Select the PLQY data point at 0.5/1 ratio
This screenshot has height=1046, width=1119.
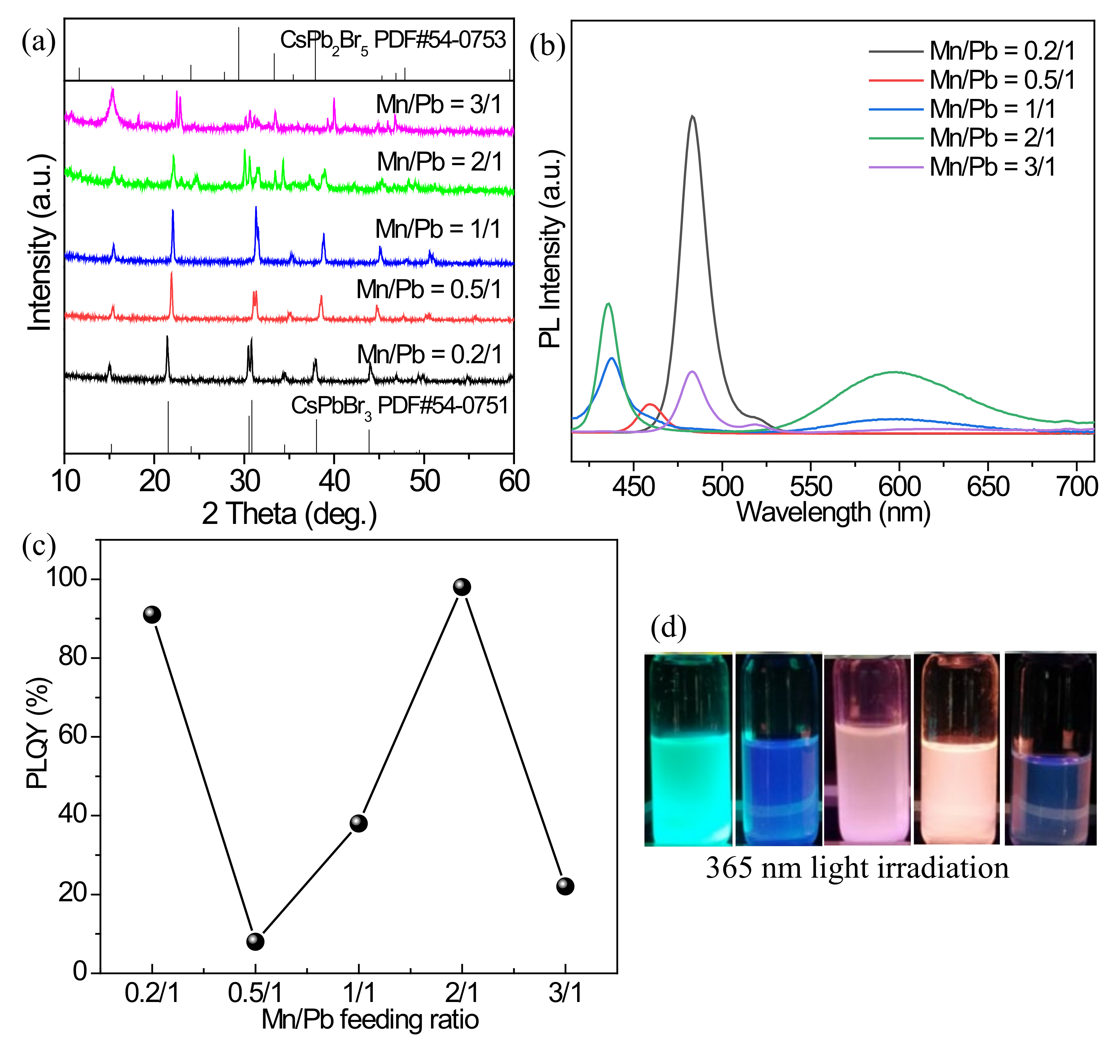[255, 941]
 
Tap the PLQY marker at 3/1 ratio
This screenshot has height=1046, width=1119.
[565, 886]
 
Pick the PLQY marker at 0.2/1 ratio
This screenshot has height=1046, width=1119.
[152, 614]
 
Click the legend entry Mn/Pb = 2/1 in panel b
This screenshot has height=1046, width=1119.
[992, 137]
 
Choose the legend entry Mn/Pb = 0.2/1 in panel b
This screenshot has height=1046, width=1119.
[1002, 51]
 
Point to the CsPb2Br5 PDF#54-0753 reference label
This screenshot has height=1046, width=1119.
[393, 40]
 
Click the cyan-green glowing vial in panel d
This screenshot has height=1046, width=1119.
[688, 749]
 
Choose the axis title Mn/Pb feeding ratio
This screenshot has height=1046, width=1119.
[370, 1019]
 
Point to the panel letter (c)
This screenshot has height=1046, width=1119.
[38, 545]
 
